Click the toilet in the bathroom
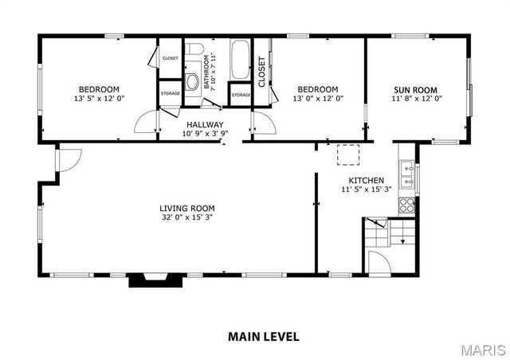[192, 55]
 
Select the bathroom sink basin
[192, 81]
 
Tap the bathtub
[241, 59]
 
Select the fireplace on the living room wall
[148, 280]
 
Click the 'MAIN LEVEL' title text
[264, 336]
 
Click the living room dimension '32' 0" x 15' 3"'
[186, 217]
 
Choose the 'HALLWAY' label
[205, 125]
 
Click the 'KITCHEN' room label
[363, 181]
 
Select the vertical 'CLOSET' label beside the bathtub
[261, 72]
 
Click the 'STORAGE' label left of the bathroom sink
[170, 94]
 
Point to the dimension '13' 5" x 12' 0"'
[99, 99]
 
